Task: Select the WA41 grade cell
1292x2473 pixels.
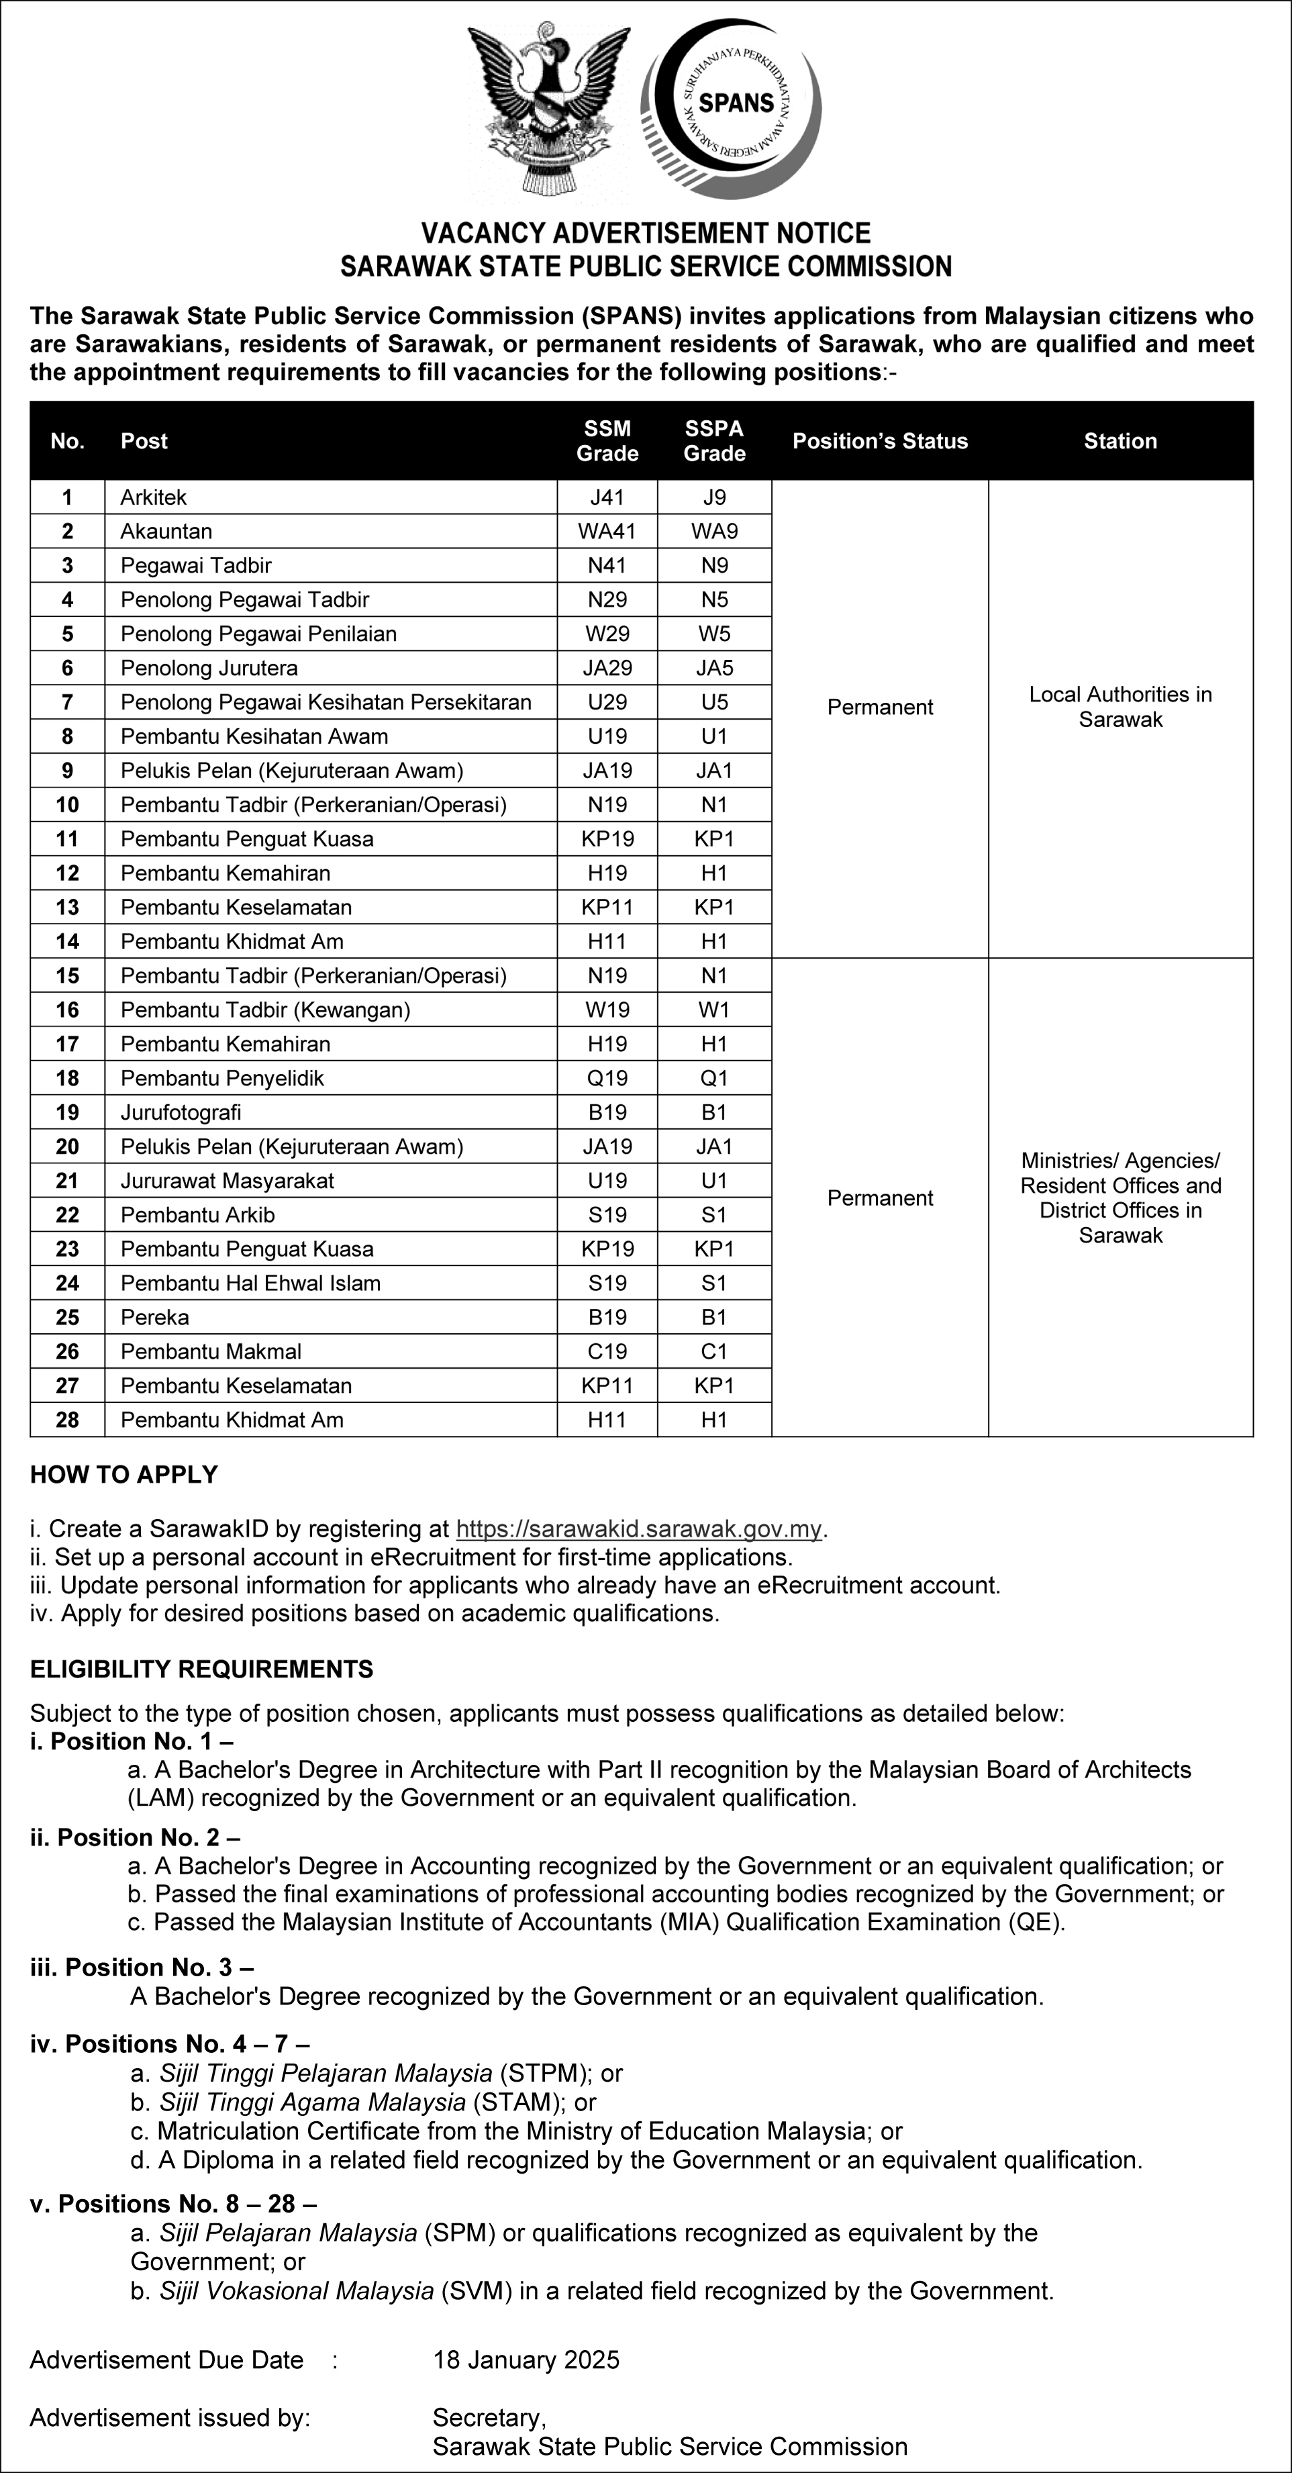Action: (x=607, y=531)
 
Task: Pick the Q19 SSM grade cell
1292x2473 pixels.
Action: (x=607, y=1078)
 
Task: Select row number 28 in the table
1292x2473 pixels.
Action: (x=67, y=1420)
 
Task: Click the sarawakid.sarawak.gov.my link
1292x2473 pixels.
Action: (x=640, y=1529)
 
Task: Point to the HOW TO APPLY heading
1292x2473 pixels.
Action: (x=123, y=1475)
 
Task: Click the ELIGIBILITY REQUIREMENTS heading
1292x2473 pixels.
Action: (x=201, y=1669)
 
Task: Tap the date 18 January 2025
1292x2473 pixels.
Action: (x=526, y=2360)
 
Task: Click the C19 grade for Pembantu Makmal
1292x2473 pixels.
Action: (x=607, y=1352)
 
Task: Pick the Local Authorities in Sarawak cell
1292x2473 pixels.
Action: (x=1120, y=707)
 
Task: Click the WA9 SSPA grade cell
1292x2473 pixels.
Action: (x=714, y=531)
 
